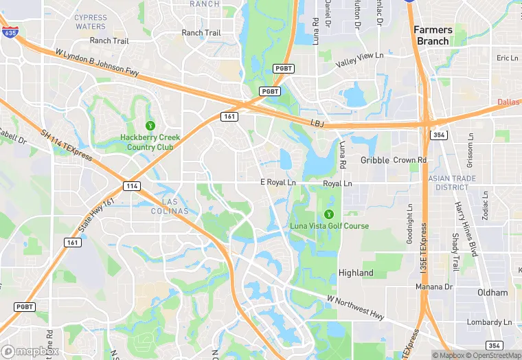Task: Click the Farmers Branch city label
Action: [x=433, y=35]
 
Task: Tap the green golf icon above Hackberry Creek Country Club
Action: [x=150, y=125]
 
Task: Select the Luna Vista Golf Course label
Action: [x=338, y=226]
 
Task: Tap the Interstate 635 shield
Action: [x=10, y=32]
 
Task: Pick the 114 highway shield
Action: [x=132, y=186]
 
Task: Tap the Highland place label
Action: [x=356, y=273]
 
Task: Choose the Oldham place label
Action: [x=492, y=293]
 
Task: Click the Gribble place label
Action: [x=374, y=160]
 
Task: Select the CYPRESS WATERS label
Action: [x=91, y=22]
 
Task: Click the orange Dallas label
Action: [x=509, y=102]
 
